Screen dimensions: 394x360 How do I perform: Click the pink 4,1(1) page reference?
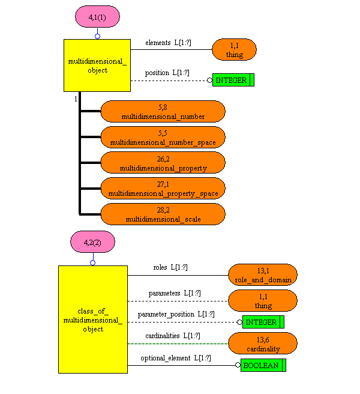point(97,17)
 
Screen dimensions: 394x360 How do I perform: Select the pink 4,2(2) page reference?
point(92,243)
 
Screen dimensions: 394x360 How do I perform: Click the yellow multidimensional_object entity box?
point(97,65)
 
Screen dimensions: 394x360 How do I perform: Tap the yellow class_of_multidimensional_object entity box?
point(92,320)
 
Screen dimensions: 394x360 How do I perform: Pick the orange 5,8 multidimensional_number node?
point(163,112)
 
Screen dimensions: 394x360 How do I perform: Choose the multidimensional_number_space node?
point(163,138)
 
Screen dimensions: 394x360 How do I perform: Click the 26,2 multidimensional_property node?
point(163,163)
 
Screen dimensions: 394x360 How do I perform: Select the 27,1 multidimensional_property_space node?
point(163,189)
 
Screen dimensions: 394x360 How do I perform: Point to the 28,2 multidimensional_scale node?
point(163,214)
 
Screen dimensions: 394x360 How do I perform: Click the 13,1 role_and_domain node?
point(263,275)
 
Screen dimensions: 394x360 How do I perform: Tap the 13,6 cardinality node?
point(263,344)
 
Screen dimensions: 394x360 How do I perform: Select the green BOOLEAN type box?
point(263,365)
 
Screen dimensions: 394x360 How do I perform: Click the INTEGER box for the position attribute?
point(233,80)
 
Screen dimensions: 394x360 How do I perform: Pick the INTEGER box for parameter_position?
point(263,322)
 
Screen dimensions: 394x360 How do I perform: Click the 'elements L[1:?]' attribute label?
point(167,43)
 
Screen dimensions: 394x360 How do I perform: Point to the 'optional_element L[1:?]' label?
point(176,358)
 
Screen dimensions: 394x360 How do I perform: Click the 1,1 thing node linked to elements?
point(234,50)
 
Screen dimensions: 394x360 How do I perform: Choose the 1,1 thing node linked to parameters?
point(263,301)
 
